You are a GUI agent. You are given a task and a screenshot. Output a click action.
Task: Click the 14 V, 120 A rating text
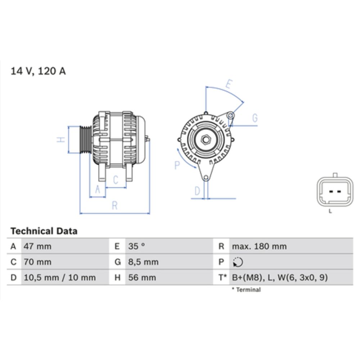coord(38,71)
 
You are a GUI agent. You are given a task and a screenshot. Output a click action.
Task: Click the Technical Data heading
coord(44,231)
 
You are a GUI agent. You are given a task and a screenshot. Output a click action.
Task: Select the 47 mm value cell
coord(37,247)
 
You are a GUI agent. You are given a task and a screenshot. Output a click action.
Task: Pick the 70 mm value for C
coord(37,262)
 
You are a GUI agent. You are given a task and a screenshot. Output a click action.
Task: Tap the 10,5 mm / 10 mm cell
coord(59,278)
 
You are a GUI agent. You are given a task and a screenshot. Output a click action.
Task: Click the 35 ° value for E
coord(137,247)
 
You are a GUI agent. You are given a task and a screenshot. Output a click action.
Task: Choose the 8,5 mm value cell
coord(143,262)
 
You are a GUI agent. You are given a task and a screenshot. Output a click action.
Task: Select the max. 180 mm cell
coord(259,247)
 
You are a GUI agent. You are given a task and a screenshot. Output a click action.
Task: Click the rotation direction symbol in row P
coord(238,262)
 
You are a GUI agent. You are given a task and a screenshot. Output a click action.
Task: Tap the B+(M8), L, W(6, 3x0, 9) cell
coord(280,278)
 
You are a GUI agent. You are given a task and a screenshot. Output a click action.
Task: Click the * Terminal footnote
coord(246,289)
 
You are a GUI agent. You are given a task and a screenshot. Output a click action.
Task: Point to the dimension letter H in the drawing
coord(62,140)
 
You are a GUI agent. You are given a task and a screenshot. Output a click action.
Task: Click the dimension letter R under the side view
coord(114,206)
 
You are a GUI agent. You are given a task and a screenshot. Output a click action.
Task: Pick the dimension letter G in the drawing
coord(255,118)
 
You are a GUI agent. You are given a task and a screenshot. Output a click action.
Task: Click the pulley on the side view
coord(85,140)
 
